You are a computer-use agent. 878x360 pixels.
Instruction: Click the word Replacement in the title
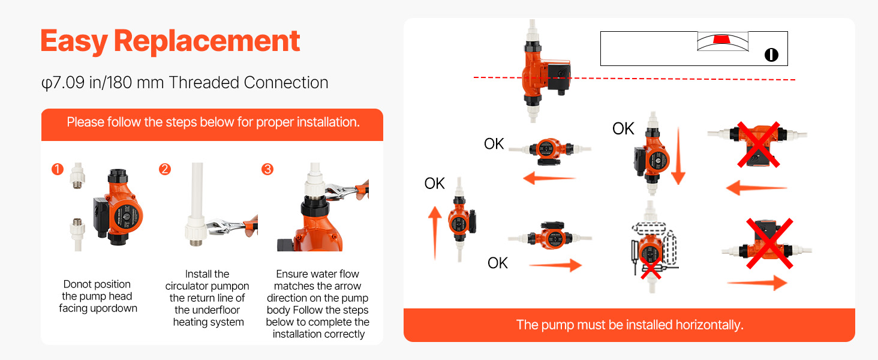click(x=207, y=41)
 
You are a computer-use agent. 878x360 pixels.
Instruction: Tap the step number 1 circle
click(x=58, y=169)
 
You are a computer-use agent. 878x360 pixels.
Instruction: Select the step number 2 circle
click(x=164, y=169)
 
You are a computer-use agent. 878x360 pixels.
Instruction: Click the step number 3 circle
click(x=267, y=169)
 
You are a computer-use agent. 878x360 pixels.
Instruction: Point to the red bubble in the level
click(x=722, y=39)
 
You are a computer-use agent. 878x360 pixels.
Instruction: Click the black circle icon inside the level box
click(x=771, y=55)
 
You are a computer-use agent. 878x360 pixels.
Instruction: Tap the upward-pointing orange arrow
click(x=435, y=233)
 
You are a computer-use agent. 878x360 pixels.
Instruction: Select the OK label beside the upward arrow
click(x=434, y=183)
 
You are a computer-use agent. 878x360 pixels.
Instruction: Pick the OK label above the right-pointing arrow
click(x=497, y=263)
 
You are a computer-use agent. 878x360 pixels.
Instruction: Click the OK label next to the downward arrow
click(x=623, y=128)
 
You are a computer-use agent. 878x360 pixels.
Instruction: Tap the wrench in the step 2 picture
click(x=231, y=226)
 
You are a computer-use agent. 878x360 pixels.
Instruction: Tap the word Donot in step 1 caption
click(x=77, y=284)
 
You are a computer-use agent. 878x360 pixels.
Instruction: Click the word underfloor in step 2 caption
click(x=207, y=310)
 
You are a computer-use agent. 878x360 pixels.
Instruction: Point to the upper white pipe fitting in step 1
click(x=77, y=176)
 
